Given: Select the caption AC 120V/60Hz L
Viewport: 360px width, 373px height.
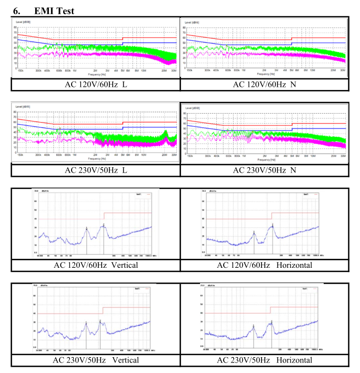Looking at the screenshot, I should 96,84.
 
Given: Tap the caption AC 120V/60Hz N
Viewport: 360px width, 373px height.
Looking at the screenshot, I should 264,84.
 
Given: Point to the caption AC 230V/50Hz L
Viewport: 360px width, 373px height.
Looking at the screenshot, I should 96,170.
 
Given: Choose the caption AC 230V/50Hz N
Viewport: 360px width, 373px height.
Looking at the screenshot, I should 264,170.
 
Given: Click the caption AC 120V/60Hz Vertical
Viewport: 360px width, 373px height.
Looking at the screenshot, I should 96,265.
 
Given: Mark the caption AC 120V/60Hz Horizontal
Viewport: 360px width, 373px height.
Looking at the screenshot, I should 264,265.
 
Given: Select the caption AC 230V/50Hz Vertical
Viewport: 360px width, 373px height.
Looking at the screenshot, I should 96,360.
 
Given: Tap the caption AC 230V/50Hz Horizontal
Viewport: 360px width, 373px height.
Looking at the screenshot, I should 264,360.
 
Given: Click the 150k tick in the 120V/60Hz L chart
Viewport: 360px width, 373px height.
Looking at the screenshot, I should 21,69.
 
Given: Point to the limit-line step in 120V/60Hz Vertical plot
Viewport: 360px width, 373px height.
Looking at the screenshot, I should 104,216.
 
